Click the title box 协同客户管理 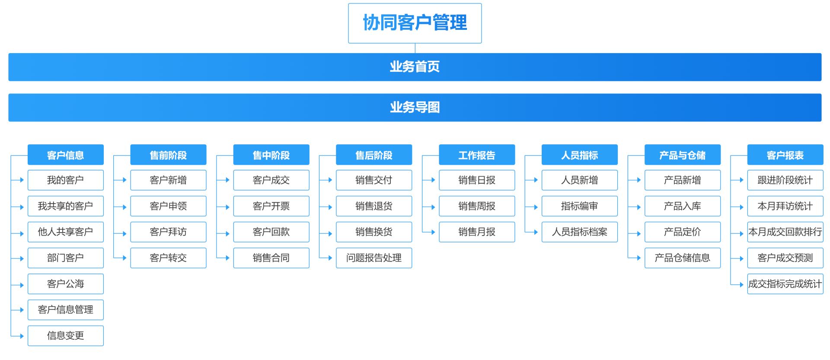[415, 23]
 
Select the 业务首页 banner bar [415, 67]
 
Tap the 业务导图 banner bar [415, 108]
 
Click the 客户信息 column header [66, 155]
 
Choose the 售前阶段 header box [168, 155]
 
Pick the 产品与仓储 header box [683, 155]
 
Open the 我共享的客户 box [66, 206]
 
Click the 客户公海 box [66, 284]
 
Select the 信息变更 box [66, 336]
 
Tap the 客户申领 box [168, 206]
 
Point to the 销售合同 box [271, 258]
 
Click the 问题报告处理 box [374, 258]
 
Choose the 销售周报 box [477, 206]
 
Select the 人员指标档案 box [580, 232]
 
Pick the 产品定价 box [683, 232]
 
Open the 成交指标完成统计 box [785, 284]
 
